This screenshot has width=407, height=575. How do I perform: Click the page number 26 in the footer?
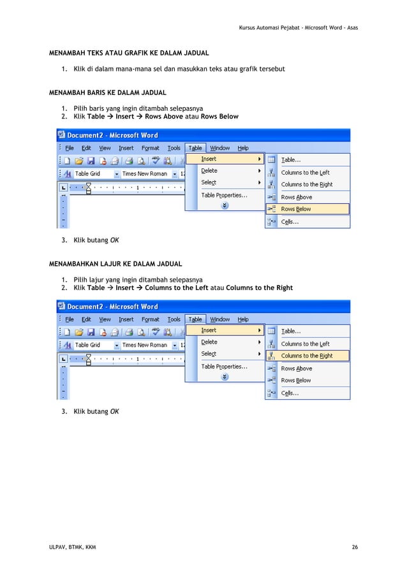pyautogui.click(x=354, y=548)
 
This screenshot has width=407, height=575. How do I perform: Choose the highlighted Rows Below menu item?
pyautogui.click(x=296, y=209)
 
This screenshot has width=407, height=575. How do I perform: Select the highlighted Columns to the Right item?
pyautogui.click(x=306, y=356)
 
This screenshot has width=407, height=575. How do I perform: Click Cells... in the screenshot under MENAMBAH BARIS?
pyautogui.click(x=290, y=222)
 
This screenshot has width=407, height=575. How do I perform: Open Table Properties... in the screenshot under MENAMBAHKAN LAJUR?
pyautogui.click(x=224, y=367)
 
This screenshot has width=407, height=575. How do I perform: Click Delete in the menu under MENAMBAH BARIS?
pyautogui.click(x=209, y=171)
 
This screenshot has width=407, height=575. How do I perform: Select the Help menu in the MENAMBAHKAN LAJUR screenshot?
pyautogui.click(x=243, y=319)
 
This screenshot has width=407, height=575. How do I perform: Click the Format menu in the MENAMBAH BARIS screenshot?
pyautogui.click(x=151, y=149)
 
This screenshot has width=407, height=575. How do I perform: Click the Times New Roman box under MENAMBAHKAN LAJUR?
pyautogui.click(x=144, y=345)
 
